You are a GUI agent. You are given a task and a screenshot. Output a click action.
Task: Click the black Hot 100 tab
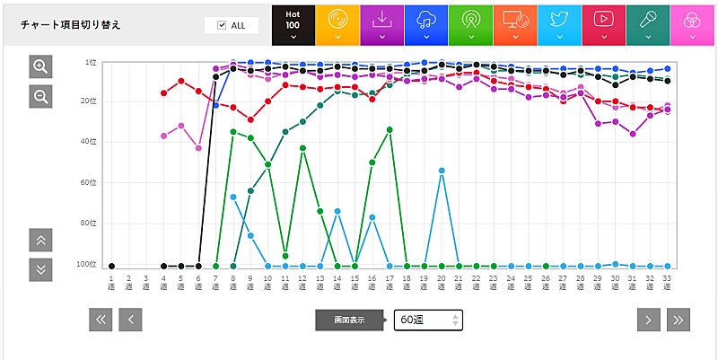(293, 23)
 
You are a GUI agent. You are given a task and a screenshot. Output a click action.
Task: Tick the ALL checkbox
(222, 25)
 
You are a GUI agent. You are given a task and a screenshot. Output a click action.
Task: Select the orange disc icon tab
(337, 23)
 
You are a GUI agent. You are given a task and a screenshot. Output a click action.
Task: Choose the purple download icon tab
(381, 23)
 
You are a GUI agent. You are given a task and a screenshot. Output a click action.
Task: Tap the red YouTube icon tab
(603, 23)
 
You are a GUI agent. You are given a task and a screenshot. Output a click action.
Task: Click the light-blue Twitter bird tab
(559, 23)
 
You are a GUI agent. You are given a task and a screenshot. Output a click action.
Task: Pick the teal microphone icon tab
(647, 23)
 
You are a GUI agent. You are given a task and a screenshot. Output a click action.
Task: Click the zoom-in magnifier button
(40, 66)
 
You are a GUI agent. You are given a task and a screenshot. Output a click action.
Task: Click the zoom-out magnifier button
(40, 96)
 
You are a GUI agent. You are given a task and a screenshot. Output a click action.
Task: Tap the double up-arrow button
(40, 240)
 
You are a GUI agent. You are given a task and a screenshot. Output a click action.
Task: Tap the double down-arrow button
(40, 269)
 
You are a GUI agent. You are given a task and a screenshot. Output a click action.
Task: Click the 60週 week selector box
(428, 320)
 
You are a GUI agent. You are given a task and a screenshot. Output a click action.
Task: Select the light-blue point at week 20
(442, 171)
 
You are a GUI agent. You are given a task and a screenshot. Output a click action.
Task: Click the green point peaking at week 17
(390, 129)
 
